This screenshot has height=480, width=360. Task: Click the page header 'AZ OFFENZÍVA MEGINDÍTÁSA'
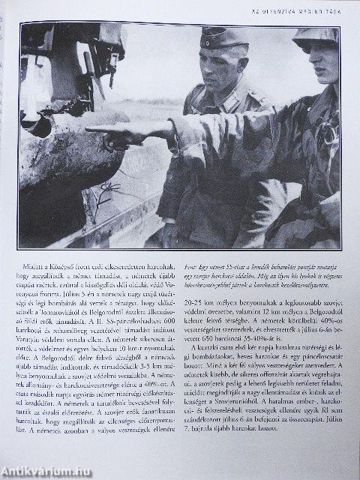pos(304,10)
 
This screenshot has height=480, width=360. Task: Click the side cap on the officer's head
pos(224,37)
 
